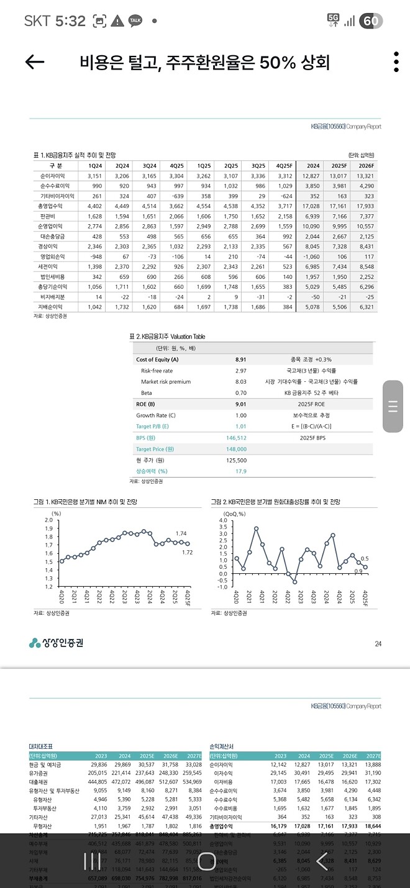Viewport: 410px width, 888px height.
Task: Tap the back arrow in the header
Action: (x=35, y=61)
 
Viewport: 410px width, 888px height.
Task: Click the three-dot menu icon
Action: (x=396, y=62)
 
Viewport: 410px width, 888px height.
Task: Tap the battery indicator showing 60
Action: (x=371, y=20)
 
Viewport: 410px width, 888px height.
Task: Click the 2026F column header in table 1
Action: (x=365, y=166)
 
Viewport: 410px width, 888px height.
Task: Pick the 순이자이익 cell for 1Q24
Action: (x=94, y=176)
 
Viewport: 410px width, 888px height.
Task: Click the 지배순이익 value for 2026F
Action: (x=365, y=307)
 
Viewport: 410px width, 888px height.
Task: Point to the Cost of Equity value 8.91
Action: (x=241, y=360)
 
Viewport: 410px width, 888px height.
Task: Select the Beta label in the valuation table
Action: (x=147, y=393)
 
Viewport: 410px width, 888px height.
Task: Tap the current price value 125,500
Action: (x=237, y=460)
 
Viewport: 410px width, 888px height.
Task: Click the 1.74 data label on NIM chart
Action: (x=181, y=533)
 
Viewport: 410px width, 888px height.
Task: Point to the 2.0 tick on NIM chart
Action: (x=48, y=519)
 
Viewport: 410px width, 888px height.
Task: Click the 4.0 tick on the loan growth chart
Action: (x=223, y=520)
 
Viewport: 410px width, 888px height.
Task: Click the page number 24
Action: (x=378, y=643)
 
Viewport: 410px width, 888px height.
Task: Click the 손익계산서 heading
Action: (x=223, y=745)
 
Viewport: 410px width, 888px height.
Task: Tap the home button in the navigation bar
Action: (x=206, y=861)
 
